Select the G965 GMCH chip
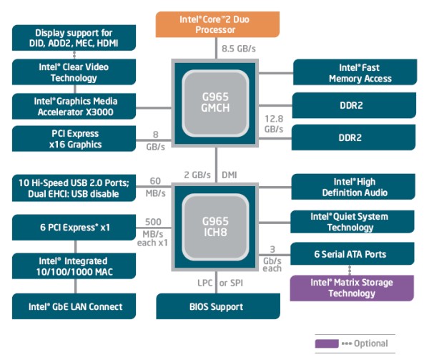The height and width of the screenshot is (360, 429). pos(215,103)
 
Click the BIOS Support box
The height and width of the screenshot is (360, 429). pos(214,306)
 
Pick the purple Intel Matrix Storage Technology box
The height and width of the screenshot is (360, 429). pos(352,288)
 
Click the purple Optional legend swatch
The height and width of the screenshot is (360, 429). pos(326,344)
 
